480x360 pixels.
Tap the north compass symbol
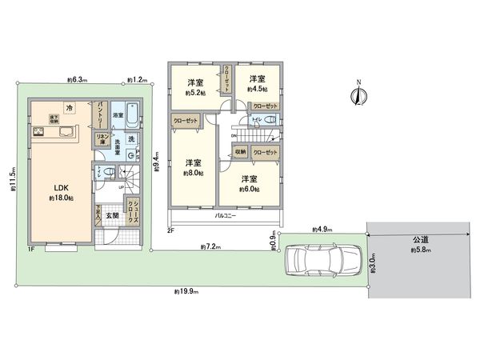tap(359, 94)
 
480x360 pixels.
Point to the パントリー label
tap(102, 113)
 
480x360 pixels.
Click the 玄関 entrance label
tap(111, 216)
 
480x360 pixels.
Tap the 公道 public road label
tap(420, 241)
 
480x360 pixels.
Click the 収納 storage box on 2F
tap(240, 151)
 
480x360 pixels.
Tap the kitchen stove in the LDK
tap(39, 130)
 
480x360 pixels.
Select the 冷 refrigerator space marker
tap(70, 107)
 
